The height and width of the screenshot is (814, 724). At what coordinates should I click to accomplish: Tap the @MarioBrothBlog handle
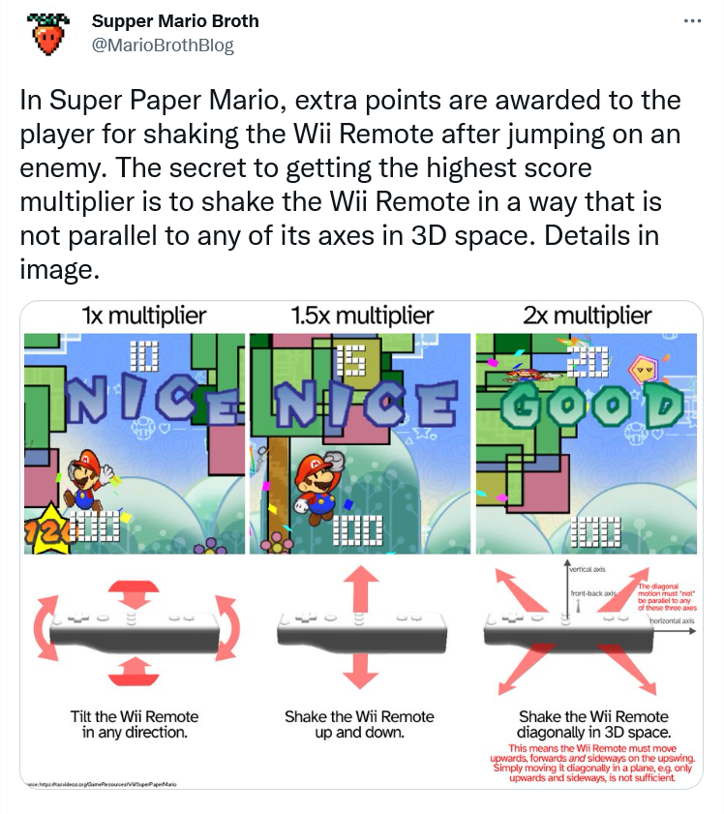163,45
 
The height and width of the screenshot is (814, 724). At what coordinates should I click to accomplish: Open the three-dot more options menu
691,21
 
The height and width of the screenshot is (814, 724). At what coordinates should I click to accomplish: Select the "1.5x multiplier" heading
361,316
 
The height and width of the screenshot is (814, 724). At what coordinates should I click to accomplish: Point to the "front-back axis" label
592,592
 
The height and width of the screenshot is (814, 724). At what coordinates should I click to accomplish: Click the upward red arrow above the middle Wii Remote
361,588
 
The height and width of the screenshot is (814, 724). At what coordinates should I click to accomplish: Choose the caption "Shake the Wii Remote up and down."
359,724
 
